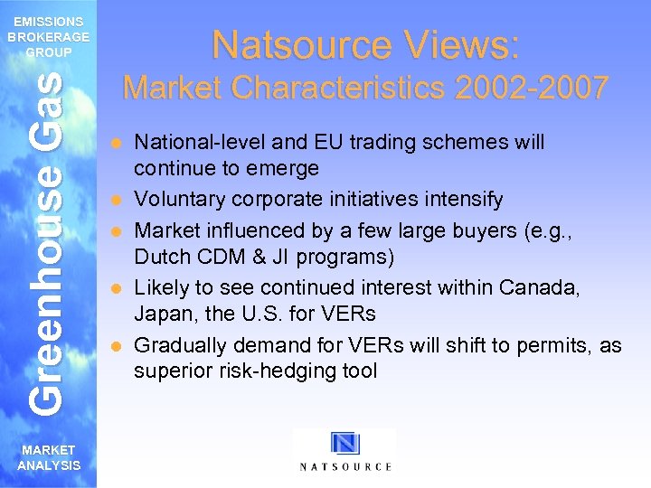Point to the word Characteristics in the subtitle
(x=343, y=88)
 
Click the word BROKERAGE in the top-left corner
(x=48, y=37)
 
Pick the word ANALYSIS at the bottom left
(x=49, y=465)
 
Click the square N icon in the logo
(x=345, y=444)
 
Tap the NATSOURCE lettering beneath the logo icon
(x=345, y=466)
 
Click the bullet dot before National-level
(x=115, y=143)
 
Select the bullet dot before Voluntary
(x=115, y=201)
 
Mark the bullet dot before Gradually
(x=115, y=346)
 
